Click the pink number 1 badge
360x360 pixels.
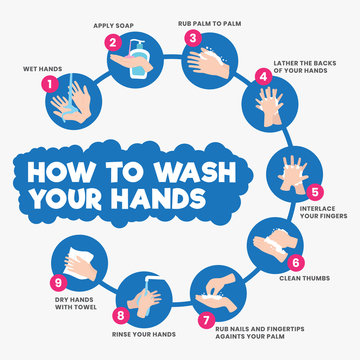[x=46, y=85]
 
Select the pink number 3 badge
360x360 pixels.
[x=192, y=37]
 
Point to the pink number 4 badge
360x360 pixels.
[x=263, y=75]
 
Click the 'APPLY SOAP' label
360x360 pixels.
[x=113, y=25]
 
